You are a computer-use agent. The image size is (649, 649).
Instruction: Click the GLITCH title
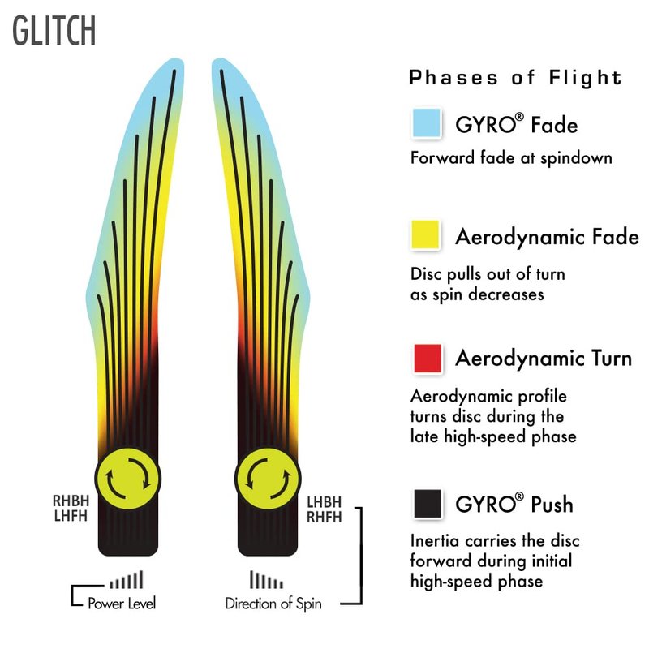pyautogui.click(x=54, y=31)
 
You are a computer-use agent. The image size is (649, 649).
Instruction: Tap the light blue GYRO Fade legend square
pyautogui.click(x=427, y=123)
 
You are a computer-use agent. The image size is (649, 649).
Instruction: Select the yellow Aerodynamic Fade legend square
pyautogui.click(x=425, y=234)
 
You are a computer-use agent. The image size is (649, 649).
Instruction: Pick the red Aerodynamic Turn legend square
pyautogui.click(x=428, y=359)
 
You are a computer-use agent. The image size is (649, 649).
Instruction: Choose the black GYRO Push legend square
pyautogui.click(x=428, y=504)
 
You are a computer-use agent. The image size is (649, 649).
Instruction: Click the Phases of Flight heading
pyautogui.click(x=515, y=78)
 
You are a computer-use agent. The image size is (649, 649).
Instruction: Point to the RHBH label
pyautogui.click(x=71, y=501)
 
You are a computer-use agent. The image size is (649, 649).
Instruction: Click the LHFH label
pyautogui.click(x=71, y=516)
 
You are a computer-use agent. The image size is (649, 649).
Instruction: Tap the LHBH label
pyautogui.click(x=324, y=502)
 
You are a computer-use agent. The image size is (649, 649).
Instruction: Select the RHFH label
pyautogui.click(x=324, y=518)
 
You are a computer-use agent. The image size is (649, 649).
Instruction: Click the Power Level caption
pyautogui.click(x=122, y=604)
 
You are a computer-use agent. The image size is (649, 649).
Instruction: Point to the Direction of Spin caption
pyautogui.click(x=273, y=604)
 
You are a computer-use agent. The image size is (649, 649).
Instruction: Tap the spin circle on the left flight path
pyautogui.click(x=128, y=479)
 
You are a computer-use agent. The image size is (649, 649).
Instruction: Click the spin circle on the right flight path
pyautogui.click(x=268, y=479)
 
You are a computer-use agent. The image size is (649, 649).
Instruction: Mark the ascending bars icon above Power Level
pyautogui.click(x=127, y=579)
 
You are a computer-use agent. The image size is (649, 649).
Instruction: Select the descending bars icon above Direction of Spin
pyautogui.click(x=267, y=579)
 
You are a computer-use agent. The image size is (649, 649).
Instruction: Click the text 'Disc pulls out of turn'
pyautogui.click(x=488, y=274)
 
